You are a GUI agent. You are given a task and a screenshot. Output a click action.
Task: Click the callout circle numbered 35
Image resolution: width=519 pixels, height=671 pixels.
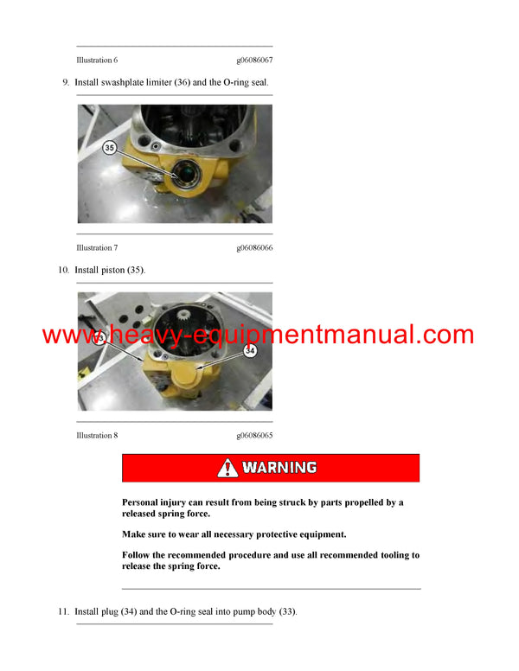pyautogui.click(x=109, y=148)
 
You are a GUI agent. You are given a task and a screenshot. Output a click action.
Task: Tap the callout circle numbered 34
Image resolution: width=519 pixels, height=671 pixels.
pyautogui.click(x=250, y=351)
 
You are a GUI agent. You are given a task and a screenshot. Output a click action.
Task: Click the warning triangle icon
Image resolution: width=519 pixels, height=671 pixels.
pyautogui.click(x=227, y=468)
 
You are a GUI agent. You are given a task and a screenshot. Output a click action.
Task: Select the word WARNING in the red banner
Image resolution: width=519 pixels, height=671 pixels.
pyautogui.click(x=279, y=468)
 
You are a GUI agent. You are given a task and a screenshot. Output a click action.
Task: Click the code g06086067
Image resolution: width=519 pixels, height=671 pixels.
pyautogui.click(x=254, y=60)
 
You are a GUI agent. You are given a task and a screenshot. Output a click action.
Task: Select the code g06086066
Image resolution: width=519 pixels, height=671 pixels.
pyautogui.click(x=254, y=248)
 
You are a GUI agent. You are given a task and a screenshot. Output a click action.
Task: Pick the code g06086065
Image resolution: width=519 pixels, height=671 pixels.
pyautogui.click(x=254, y=435)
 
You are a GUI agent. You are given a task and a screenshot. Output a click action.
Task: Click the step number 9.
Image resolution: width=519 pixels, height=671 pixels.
pyautogui.click(x=65, y=82)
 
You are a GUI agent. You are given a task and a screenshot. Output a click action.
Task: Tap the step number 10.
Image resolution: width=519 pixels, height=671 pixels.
pyautogui.click(x=63, y=271)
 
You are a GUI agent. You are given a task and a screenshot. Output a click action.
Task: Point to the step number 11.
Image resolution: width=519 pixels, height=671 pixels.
pyautogui.click(x=63, y=612)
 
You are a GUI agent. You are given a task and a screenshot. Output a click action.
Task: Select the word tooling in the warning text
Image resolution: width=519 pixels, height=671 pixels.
pyautogui.click(x=388, y=555)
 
